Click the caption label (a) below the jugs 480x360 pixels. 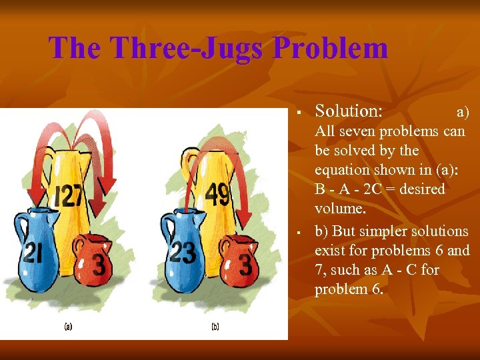coord(68,327)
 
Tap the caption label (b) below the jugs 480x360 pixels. coord(215,327)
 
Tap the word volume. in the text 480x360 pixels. coord(340,209)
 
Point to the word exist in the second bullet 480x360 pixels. coord(331,251)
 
